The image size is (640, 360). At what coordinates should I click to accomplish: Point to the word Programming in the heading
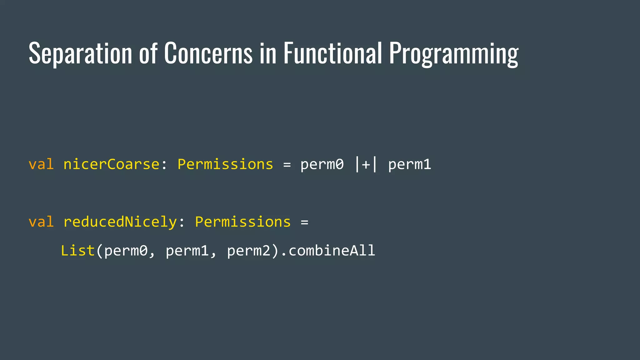454,54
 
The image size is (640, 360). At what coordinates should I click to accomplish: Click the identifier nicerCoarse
111,164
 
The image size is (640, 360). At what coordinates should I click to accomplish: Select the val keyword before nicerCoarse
41,164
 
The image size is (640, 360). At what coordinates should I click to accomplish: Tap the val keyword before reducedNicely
41,222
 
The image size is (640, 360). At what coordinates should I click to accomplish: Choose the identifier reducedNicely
120,222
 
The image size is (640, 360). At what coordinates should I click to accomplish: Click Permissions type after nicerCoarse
225,164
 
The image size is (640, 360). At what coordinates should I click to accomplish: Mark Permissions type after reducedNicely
243,222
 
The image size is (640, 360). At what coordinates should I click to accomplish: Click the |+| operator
366,164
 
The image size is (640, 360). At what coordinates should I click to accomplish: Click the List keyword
78,251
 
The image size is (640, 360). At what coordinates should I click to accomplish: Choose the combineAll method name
332,251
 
